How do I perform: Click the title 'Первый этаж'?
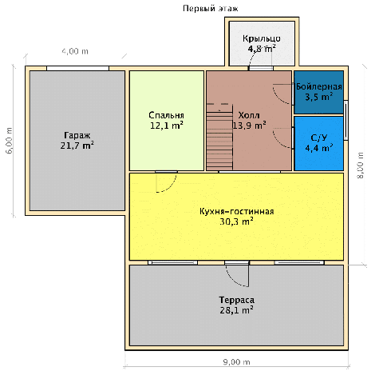(x=210, y=9)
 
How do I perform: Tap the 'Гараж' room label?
(x=77, y=135)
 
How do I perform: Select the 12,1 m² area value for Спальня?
(x=167, y=126)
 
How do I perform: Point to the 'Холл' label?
(x=249, y=115)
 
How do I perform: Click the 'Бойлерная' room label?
(x=319, y=86)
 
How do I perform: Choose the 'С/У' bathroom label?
(x=319, y=138)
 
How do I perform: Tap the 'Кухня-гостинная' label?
(x=236, y=211)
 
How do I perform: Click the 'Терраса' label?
(x=236, y=300)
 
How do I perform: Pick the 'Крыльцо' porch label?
(x=262, y=38)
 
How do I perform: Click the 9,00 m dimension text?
(x=236, y=362)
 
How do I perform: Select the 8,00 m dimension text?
(x=361, y=166)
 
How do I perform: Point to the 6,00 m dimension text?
(x=10, y=141)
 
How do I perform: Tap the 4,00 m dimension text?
(x=75, y=51)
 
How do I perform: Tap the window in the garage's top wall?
(x=77, y=68)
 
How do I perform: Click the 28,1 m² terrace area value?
(x=236, y=310)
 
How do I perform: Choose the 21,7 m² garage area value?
(x=77, y=146)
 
